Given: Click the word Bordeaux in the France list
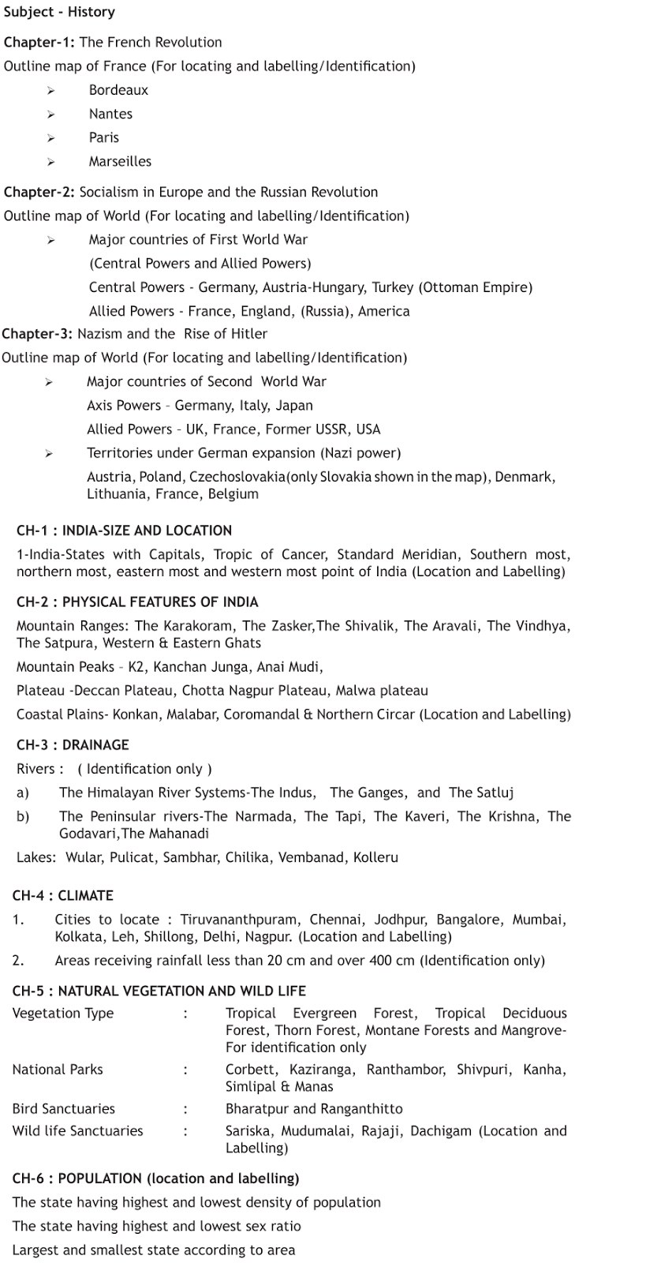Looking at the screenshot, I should (x=118, y=90).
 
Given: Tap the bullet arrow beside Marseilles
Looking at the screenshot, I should (x=51, y=162).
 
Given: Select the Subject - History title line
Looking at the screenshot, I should (x=59, y=12).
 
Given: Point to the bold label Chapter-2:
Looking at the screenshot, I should (x=39, y=192).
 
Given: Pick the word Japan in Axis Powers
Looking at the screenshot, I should (x=294, y=406).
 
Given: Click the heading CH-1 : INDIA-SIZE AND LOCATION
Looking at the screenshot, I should (x=124, y=530).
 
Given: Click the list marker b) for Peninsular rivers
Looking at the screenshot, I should (x=23, y=816).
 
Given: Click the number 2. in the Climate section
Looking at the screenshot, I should (x=18, y=961).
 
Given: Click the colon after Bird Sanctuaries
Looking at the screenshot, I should (x=185, y=1109).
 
